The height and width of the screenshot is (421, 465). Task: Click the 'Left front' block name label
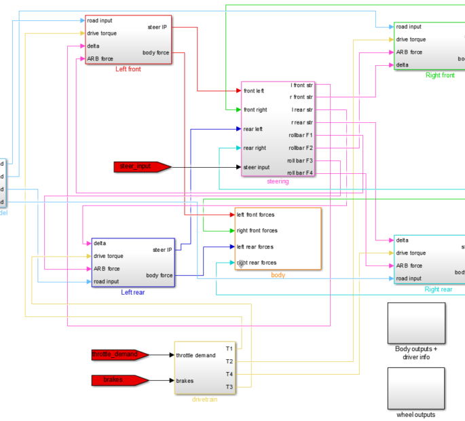point(129,69)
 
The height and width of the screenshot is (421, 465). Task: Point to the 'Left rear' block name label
point(133,292)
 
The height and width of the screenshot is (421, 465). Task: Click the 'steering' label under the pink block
point(278,181)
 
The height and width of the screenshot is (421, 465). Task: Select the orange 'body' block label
point(278,275)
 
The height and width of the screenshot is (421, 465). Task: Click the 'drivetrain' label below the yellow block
point(204,399)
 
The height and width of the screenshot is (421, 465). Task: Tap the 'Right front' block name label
point(440,75)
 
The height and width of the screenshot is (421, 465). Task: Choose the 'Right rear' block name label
point(439,289)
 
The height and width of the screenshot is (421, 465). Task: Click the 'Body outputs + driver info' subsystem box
point(416,324)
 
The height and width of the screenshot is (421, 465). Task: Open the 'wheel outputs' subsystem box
point(416,388)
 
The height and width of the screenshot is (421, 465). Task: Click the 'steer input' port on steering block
point(257,167)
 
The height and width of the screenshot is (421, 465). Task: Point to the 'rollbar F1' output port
point(301,135)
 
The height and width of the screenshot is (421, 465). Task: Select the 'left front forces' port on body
point(255,215)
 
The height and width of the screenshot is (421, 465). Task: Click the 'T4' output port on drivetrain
point(229,374)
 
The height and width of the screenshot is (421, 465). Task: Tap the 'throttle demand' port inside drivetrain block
point(196,355)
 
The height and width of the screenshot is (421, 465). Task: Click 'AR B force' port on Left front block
point(100,58)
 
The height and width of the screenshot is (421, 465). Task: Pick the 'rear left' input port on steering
point(253,128)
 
